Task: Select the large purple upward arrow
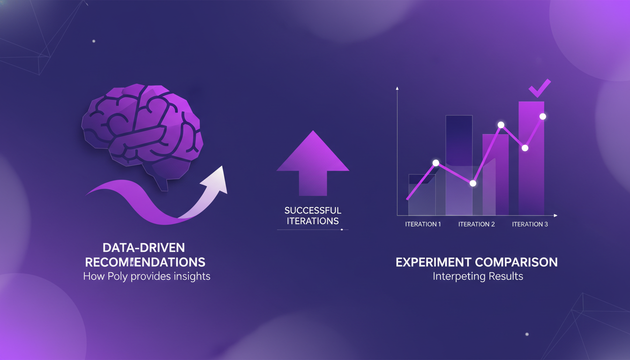tap(313, 164)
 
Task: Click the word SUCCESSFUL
tap(313, 210)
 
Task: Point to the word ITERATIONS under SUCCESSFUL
tap(313, 221)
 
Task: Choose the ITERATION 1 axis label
tap(423, 224)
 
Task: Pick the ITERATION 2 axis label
tap(476, 224)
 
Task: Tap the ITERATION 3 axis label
tap(530, 224)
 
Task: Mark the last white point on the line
tap(543, 116)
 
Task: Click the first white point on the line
tap(436, 163)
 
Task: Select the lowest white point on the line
tap(473, 183)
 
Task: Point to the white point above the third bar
tap(501, 125)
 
